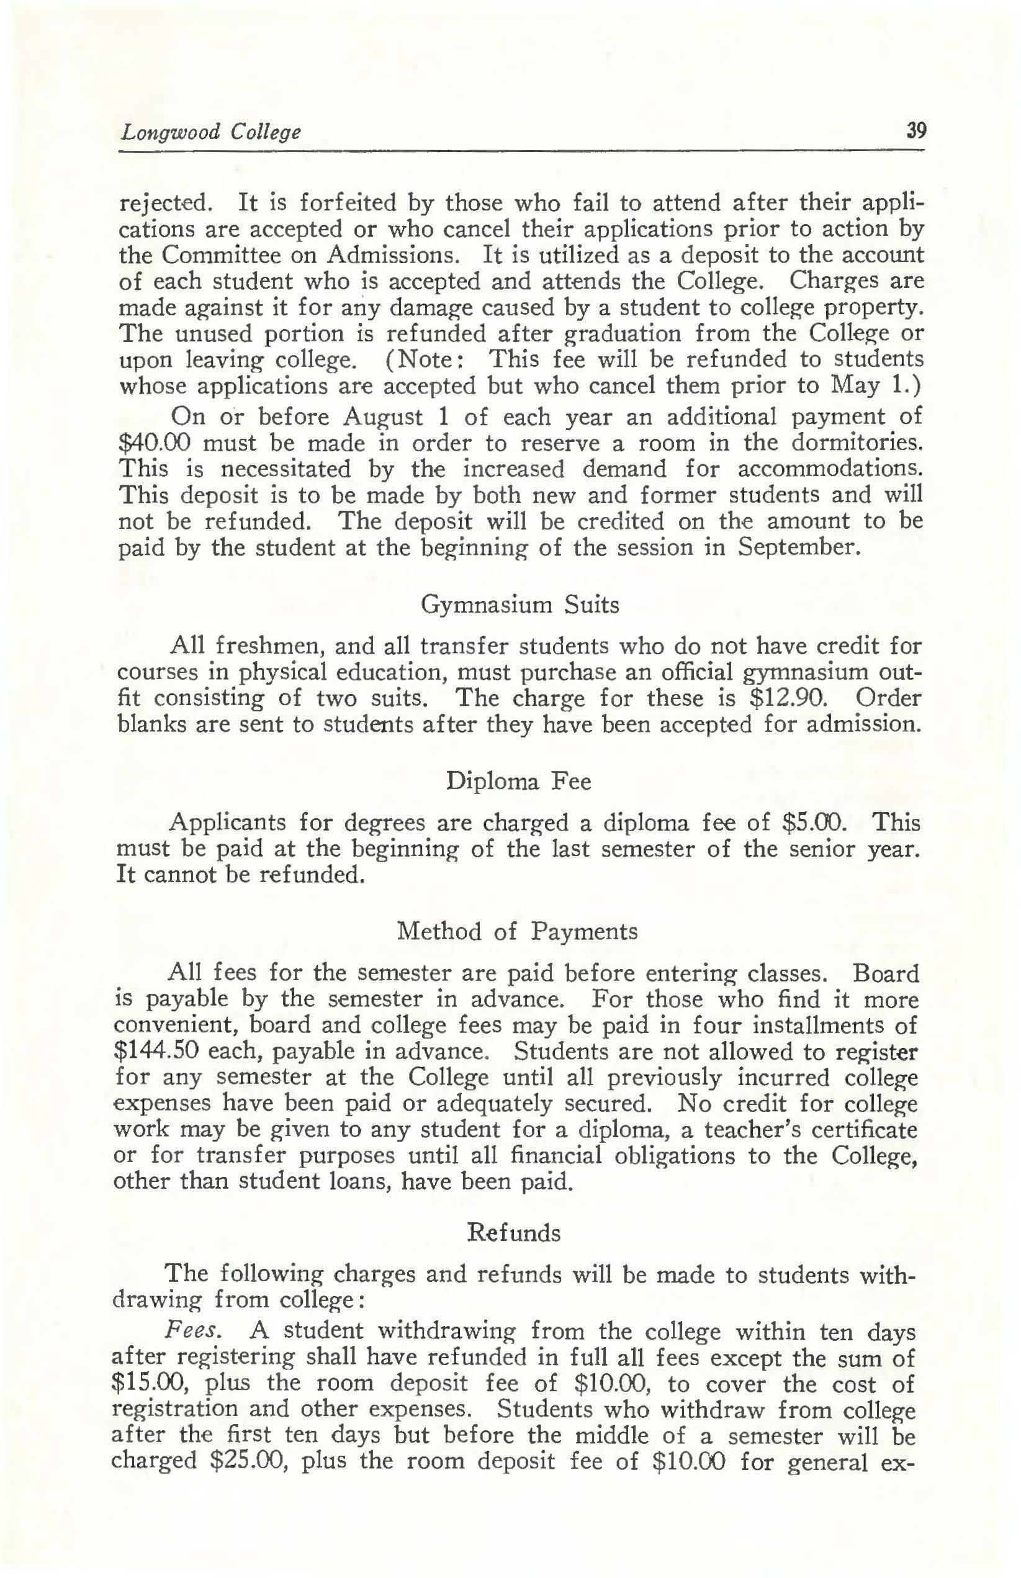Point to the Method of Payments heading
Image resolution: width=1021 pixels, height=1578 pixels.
[x=516, y=932]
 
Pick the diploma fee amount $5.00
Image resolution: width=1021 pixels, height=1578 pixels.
[x=815, y=823]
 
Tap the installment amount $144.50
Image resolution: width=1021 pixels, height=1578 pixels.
[x=155, y=1052]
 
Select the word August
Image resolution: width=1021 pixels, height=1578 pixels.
[x=382, y=417]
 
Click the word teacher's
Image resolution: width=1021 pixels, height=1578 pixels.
[x=749, y=1129]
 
